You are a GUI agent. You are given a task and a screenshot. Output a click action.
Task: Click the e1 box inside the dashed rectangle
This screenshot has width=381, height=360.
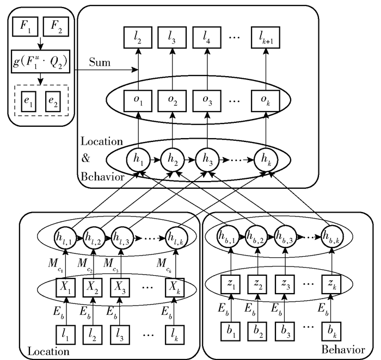[x=23, y=103]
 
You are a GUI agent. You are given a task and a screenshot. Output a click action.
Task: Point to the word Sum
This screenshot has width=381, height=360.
[x=99, y=64]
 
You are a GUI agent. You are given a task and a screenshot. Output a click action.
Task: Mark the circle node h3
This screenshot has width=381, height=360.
[x=206, y=161]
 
